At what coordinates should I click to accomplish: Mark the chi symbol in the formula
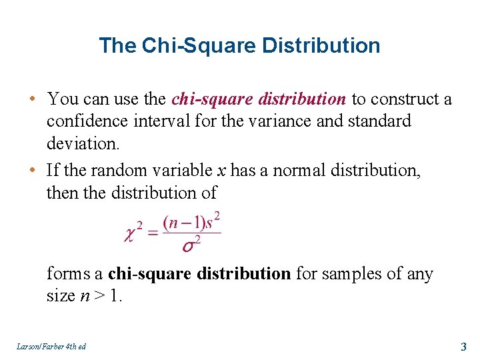132,234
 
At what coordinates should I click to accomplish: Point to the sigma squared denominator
191,245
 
